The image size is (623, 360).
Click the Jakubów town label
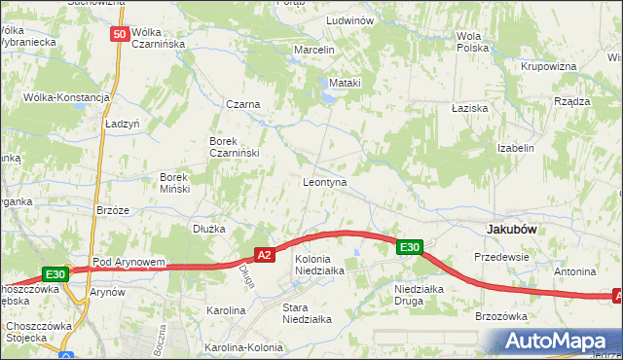[x=512, y=229]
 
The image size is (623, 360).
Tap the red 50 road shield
[x=119, y=34]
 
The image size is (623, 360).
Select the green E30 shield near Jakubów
[x=409, y=247]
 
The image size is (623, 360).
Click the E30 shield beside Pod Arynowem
[x=55, y=274]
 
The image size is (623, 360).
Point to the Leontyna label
[x=325, y=182]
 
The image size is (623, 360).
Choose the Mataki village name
[x=346, y=83]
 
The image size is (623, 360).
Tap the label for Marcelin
[x=314, y=50]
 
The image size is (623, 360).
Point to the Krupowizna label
[x=549, y=66]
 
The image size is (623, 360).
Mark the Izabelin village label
[x=516, y=148]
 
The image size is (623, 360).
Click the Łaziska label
[x=470, y=108]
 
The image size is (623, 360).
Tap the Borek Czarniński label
[x=231, y=147]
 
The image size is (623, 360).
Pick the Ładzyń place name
[x=123, y=125]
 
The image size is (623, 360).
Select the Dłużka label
[x=209, y=229]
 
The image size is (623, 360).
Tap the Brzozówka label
[x=500, y=316]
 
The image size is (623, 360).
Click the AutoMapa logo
[x=555, y=342]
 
